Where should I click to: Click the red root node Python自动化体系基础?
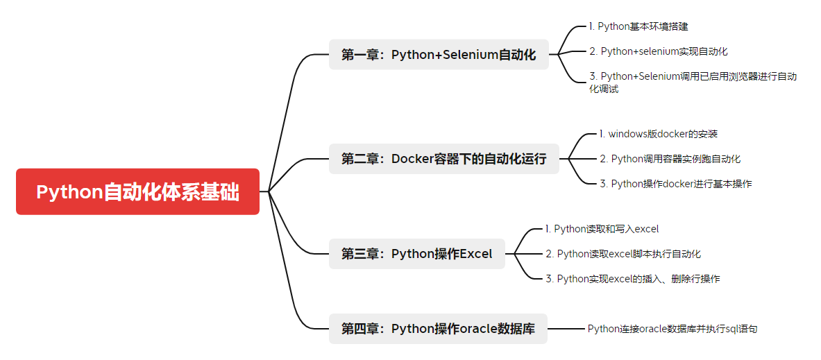pyautogui.click(x=137, y=191)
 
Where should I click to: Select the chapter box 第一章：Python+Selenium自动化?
pyautogui.click(x=439, y=55)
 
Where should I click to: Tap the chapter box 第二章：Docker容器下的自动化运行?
pyautogui.click(x=443, y=159)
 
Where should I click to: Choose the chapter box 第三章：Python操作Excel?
pyautogui.click(x=416, y=254)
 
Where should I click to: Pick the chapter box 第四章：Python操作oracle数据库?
pyautogui.click(x=438, y=329)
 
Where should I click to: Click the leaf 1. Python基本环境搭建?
pyautogui.click(x=638, y=26)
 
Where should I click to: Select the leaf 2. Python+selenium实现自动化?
pyautogui.click(x=658, y=51)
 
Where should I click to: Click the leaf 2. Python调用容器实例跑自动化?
pyautogui.click(x=670, y=159)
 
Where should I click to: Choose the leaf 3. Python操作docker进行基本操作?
pyautogui.click(x=675, y=184)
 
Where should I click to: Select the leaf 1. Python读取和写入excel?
pyautogui.click(x=602, y=229)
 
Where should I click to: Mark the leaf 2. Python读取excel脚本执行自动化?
pyautogui.click(x=627, y=254)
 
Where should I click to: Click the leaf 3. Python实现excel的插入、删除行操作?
pyautogui.click(x=632, y=279)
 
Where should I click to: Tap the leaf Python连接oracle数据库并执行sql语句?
pyautogui.click(x=672, y=329)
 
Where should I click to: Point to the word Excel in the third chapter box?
pyautogui.click(x=475, y=254)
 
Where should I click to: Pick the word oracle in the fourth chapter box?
pyautogui.click(x=478, y=329)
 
